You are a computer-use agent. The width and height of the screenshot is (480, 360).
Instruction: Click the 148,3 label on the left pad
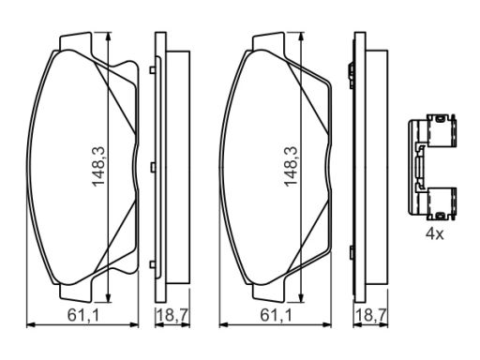pos(98,167)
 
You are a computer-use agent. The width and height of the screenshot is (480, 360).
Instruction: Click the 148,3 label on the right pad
pos(291,167)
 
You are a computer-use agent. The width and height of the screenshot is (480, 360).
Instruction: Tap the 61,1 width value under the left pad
pos(83,315)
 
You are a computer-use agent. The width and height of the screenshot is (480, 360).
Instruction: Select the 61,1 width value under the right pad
pos(277,315)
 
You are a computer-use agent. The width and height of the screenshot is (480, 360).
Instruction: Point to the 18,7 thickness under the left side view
pos(172,315)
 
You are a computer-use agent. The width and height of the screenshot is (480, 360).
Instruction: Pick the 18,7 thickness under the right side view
pos(371,315)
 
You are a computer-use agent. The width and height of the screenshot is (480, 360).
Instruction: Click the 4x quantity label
pos(434,233)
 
